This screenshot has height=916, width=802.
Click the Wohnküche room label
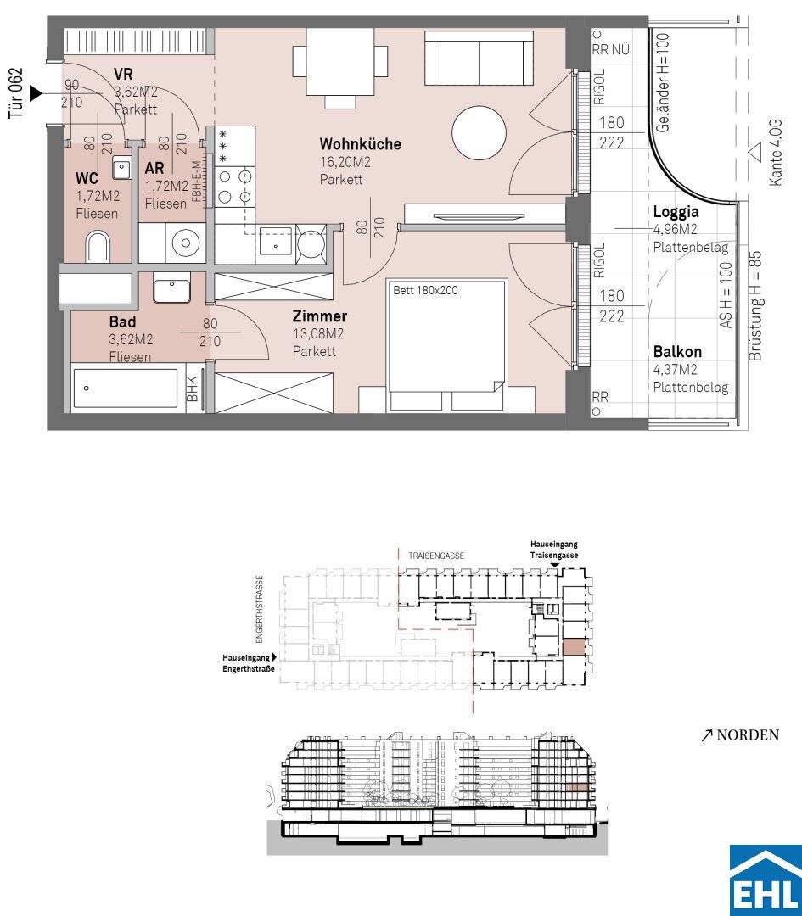(360, 143)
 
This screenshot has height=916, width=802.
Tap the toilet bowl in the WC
(98, 247)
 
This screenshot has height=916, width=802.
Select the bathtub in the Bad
(125, 388)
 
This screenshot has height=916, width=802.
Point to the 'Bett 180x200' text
(425, 290)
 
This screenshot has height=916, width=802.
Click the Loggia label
(676, 211)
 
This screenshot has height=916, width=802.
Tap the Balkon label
(677, 352)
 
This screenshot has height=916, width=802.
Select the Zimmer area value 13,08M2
(318, 334)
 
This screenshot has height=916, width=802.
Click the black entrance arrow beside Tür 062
(36, 93)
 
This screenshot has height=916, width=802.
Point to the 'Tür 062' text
(16, 93)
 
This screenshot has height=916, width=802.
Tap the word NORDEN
(748, 734)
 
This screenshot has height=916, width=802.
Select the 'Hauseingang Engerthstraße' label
(249, 663)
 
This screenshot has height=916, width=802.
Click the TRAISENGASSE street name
(436, 556)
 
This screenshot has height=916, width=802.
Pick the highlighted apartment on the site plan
(573, 648)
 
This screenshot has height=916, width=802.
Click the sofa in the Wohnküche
(480, 58)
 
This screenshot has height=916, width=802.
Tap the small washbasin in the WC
(121, 168)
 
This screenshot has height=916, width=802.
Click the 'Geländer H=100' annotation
(662, 82)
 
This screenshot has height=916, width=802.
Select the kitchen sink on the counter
(273, 241)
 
